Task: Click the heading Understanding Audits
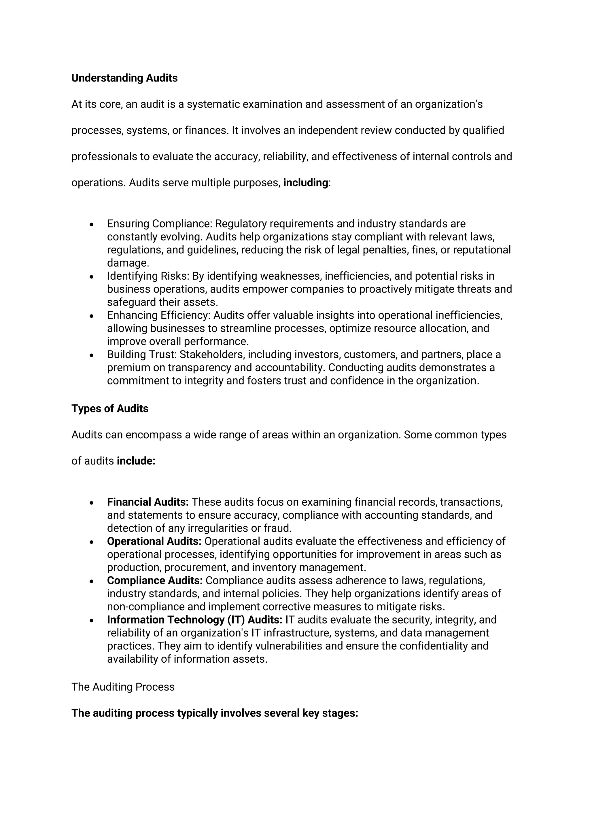[x=124, y=78]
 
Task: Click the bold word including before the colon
[x=306, y=183]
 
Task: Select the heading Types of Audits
[x=110, y=409]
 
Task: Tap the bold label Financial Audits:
[x=147, y=502]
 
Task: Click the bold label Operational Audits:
[x=154, y=541]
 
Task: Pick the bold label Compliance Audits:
[x=155, y=581]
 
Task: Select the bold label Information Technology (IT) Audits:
[x=195, y=620]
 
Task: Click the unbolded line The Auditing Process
[x=123, y=687]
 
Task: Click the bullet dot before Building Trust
[x=92, y=356]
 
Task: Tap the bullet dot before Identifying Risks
[x=92, y=277]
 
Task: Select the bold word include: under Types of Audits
[x=136, y=461]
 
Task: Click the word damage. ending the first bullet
[x=128, y=263]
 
